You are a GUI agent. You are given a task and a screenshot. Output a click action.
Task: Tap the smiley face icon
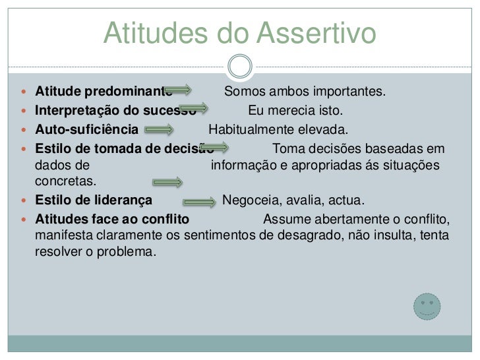coord(425,307)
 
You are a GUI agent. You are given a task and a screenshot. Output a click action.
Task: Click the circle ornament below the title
coord(239,66)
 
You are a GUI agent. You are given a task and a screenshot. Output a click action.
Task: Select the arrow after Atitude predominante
coord(179,89)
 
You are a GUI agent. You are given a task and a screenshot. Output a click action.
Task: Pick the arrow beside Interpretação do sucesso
coord(194,108)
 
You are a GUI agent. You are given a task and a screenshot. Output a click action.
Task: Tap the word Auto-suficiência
coord(86,128)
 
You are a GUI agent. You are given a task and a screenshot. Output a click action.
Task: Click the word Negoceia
coord(250,200)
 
